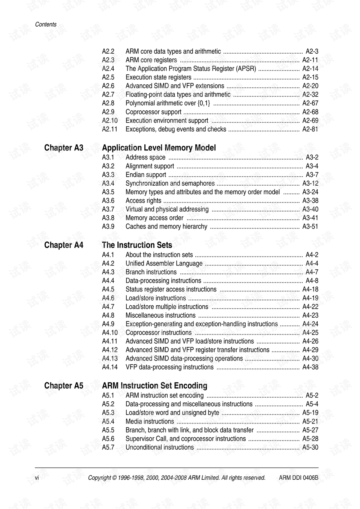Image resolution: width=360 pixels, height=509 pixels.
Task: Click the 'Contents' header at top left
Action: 46,24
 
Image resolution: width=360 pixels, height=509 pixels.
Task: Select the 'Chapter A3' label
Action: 64,148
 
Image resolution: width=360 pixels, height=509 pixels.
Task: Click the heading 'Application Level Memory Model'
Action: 159,148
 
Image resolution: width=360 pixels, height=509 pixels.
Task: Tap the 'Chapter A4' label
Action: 64,245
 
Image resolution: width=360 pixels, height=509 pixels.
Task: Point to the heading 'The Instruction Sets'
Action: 137,245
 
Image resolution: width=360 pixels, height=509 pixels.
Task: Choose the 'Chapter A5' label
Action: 64,386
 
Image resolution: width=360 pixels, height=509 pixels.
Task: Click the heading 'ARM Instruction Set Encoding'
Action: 154,386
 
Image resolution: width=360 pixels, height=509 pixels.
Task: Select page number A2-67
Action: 310,103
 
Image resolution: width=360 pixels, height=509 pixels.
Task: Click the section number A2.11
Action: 109,129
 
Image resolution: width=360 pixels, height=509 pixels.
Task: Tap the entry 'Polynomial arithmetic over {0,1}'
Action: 168,103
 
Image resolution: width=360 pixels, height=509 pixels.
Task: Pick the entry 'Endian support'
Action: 145,175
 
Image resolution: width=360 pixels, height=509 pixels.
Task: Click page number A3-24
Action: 310,192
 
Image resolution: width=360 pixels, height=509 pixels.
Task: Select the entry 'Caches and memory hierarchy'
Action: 166,227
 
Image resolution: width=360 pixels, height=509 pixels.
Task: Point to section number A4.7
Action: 108,306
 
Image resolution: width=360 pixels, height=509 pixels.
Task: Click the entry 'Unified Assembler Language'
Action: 164,263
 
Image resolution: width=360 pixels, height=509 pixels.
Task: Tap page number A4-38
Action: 310,367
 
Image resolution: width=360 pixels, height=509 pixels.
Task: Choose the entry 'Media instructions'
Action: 150,421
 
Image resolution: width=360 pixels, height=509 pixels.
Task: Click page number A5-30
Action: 310,447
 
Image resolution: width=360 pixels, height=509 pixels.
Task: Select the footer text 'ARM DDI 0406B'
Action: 298,477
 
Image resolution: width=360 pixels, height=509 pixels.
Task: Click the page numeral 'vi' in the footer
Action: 37,477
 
